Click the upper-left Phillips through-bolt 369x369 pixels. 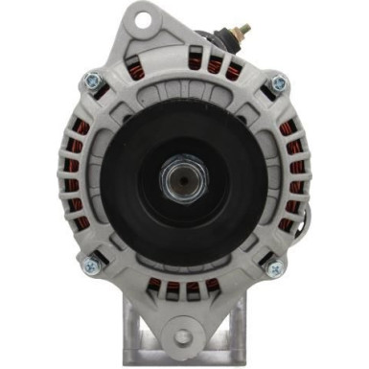(x=94, y=81)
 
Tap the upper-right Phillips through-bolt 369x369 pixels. (x=278, y=82)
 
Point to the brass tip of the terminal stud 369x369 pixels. (x=244, y=30)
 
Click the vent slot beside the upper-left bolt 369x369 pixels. (x=113, y=92)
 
